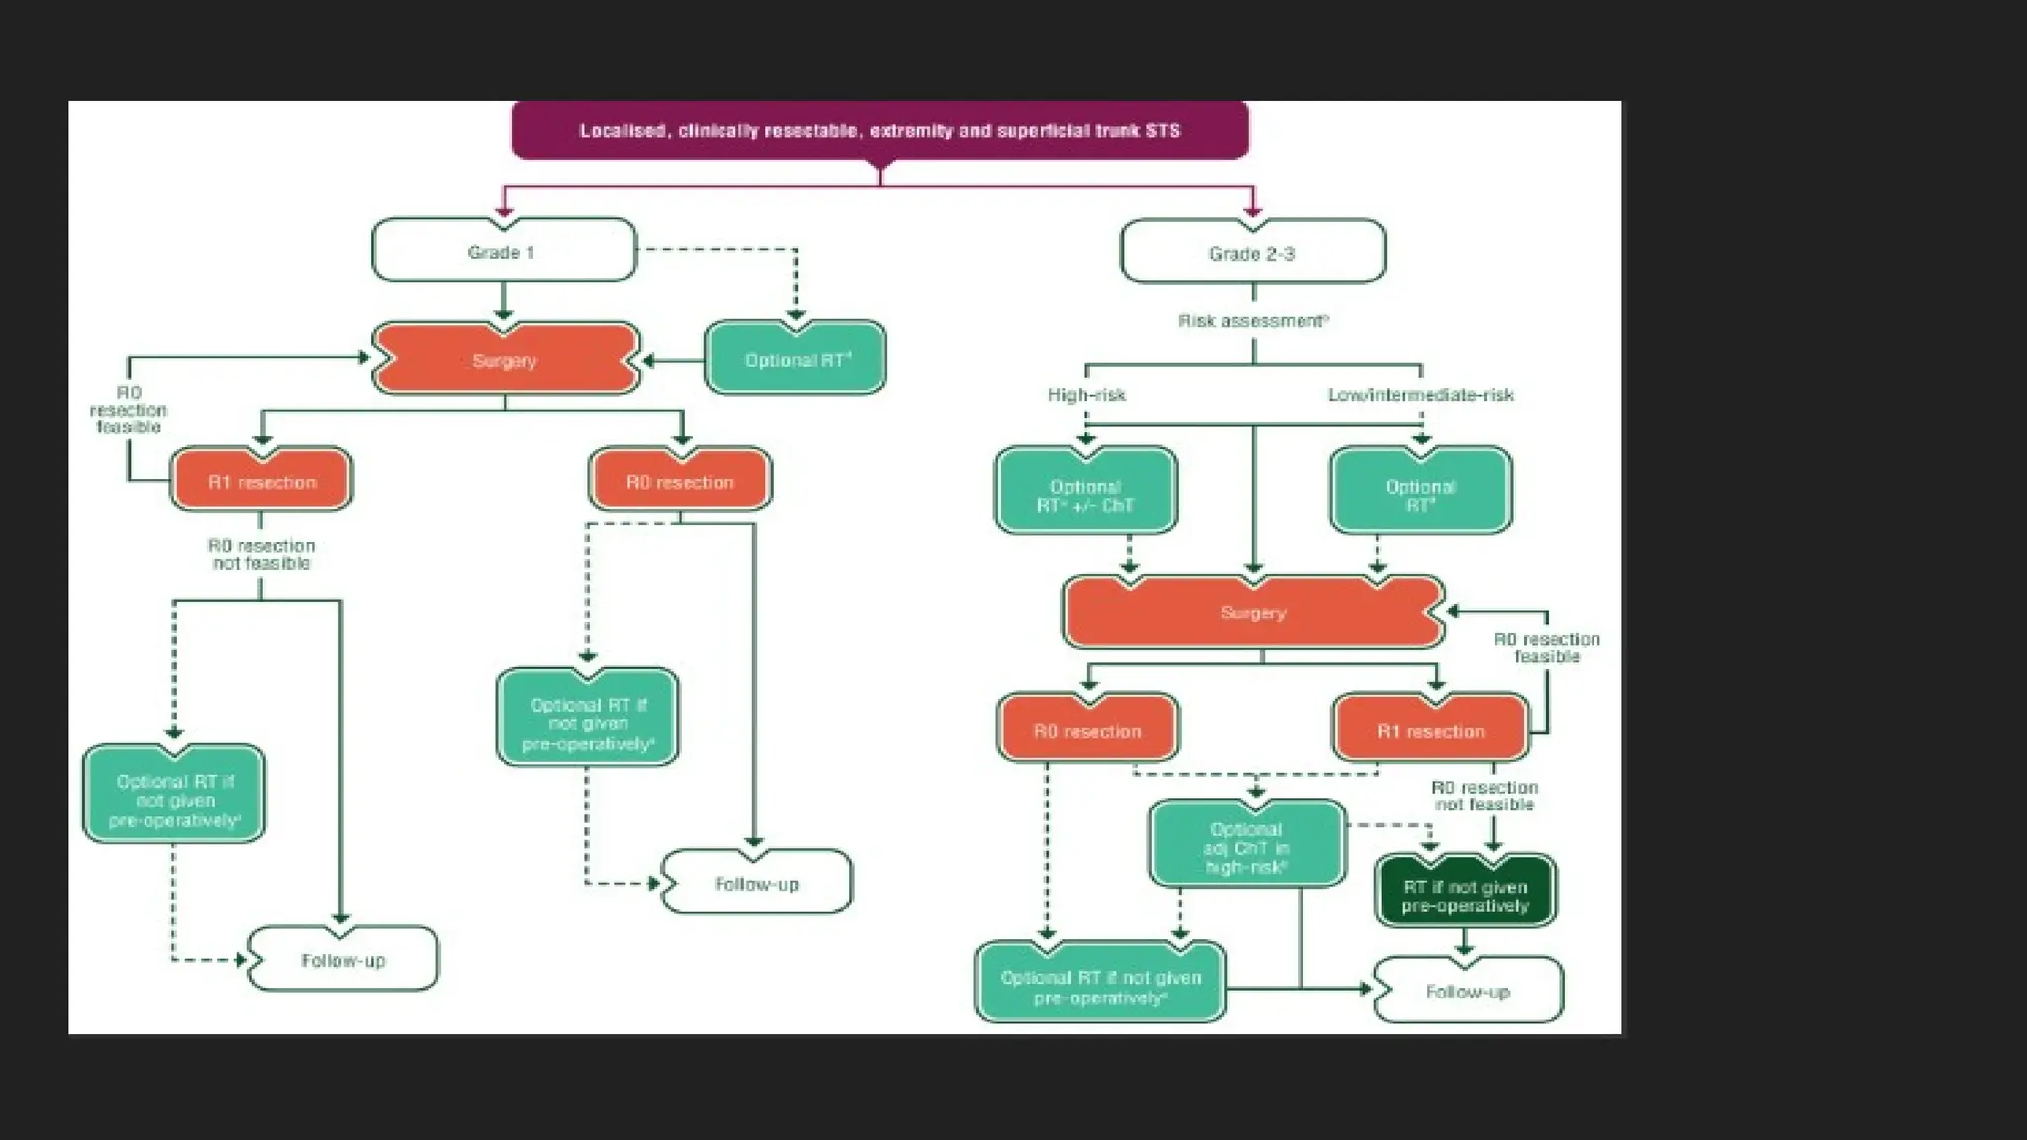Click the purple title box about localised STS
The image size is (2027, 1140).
(x=879, y=130)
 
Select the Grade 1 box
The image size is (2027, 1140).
(x=503, y=251)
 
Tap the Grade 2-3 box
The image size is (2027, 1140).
(x=1252, y=253)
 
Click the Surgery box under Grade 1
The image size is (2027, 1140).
(x=505, y=360)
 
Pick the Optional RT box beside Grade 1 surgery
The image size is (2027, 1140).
(x=795, y=359)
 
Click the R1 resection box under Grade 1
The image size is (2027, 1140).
(x=261, y=481)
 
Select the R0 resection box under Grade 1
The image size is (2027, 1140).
(x=680, y=481)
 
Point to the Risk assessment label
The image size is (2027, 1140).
(x=1252, y=320)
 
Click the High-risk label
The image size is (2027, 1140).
(x=1087, y=394)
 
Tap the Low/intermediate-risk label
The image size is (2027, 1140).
(x=1420, y=394)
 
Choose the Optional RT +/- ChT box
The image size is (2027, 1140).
(x=1086, y=494)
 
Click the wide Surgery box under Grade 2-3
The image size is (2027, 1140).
(x=1252, y=612)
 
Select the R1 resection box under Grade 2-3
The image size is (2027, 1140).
(x=1430, y=730)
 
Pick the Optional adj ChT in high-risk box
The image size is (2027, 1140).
(x=1246, y=846)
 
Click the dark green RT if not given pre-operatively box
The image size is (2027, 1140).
(x=1465, y=895)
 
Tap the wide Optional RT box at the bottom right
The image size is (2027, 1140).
(x=1100, y=986)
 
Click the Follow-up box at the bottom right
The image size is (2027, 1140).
(x=1468, y=991)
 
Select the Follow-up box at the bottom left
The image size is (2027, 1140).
(x=342, y=959)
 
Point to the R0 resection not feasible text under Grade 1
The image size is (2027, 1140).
(x=261, y=554)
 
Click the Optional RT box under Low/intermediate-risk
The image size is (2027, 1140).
(x=1420, y=494)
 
